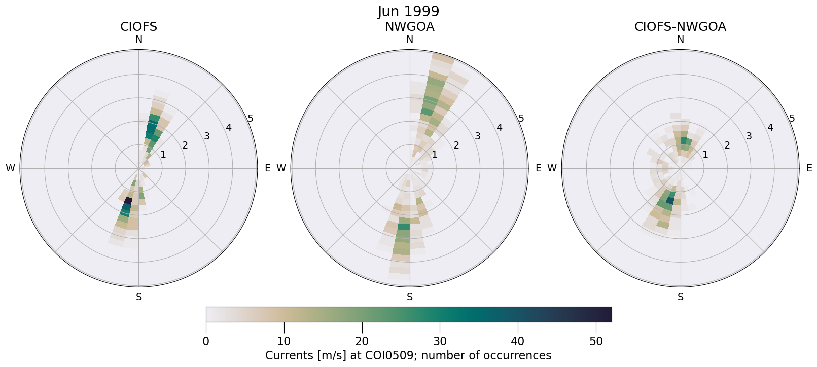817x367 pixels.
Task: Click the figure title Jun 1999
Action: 408,11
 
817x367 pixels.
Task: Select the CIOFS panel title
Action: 138,27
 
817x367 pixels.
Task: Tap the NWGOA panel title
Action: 409,27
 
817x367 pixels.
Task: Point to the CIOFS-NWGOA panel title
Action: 680,27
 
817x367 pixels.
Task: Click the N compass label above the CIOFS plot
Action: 138,40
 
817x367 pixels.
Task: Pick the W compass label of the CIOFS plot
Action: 10,168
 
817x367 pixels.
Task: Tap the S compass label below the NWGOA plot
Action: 409,297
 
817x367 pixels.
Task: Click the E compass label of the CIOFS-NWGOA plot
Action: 809,168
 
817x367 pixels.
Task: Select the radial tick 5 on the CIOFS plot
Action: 251,119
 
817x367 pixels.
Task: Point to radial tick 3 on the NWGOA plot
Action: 477,136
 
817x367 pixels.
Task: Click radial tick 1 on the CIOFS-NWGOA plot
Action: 705,155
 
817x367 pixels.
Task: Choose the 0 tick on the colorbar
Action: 206,342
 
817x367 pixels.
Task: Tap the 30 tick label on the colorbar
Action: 440,342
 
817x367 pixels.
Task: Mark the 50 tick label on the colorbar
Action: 596,342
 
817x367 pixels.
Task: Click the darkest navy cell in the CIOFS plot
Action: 128,201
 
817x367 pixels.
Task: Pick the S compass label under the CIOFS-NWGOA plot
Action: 680,297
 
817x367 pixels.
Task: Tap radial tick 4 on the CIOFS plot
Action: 229,127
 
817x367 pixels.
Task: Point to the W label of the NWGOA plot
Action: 281,168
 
